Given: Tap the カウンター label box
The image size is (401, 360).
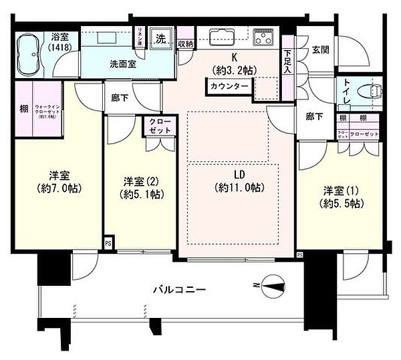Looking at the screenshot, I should [x=229, y=86].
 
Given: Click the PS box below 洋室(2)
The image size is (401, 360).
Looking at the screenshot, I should [x=108, y=243].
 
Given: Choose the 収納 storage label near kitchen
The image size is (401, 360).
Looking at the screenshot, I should [x=186, y=44].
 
